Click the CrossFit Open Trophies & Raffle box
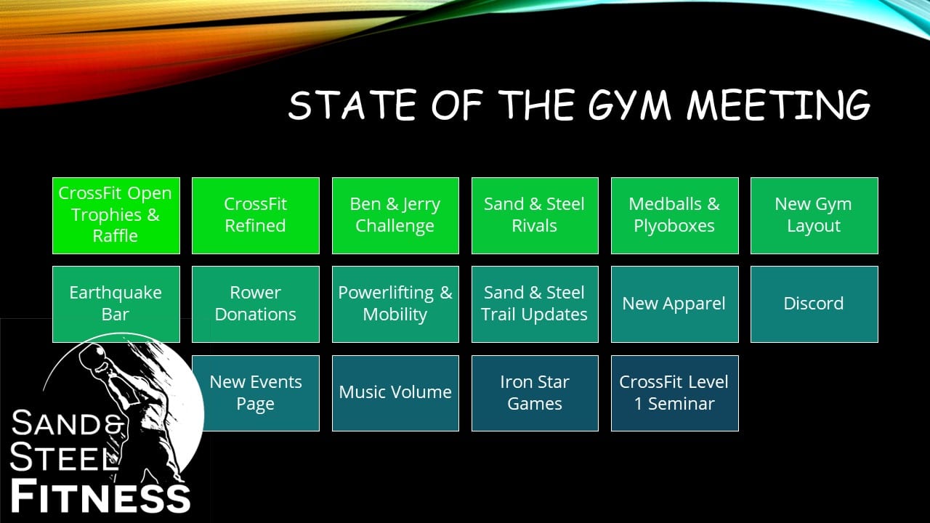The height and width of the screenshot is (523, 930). click(116, 216)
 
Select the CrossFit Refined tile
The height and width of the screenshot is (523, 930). click(256, 216)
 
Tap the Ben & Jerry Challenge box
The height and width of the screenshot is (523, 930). click(395, 216)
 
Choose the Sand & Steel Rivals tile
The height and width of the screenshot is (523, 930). click(535, 216)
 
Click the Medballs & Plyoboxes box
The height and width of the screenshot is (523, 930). click(675, 216)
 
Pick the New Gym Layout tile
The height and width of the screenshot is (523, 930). click(814, 216)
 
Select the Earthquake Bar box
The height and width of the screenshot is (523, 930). click(116, 304)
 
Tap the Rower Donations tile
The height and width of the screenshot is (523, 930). click(256, 304)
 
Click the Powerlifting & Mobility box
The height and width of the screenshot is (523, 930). click(395, 304)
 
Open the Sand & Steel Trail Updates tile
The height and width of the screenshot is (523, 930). click(535, 304)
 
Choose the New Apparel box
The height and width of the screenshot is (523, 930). click(675, 304)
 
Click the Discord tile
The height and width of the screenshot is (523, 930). click(814, 304)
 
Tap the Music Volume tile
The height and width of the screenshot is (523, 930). click(395, 393)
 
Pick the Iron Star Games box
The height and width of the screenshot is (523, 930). click(535, 393)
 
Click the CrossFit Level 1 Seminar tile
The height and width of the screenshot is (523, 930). click(675, 393)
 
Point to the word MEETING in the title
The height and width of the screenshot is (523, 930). click(778, 105)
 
